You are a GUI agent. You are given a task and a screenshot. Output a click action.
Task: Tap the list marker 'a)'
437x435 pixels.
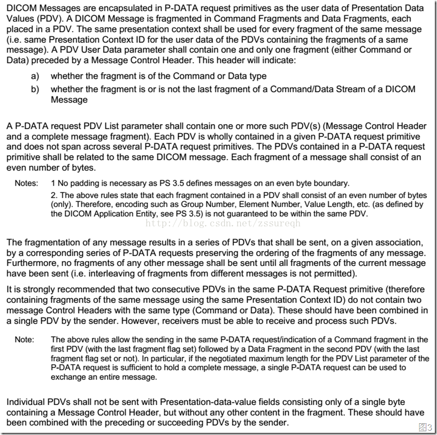[35, 77]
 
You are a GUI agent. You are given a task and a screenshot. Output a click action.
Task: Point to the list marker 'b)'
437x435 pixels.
[35, 89]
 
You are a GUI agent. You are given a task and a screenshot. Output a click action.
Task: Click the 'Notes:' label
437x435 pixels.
[26, 183]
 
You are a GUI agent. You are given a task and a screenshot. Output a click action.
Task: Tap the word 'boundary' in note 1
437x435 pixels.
[331, 183]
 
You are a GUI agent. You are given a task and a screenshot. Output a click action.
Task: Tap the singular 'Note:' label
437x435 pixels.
[24, 340]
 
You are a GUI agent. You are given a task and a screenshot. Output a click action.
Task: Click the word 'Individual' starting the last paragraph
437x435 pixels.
[25, 401]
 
